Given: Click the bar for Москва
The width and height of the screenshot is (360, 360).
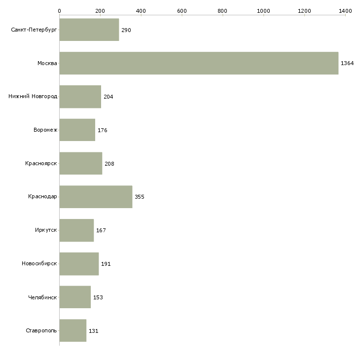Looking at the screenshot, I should [199, 63].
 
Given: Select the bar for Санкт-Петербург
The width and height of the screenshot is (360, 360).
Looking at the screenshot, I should [89, 30].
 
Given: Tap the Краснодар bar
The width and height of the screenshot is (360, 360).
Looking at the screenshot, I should [96, 197].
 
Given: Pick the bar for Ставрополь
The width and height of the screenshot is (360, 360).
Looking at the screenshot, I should [73, 330].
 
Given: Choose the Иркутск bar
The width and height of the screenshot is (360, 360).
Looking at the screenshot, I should [76, 230].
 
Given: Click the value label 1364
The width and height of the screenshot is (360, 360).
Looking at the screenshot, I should [347, 64].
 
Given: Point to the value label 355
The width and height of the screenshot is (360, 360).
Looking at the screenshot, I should [140, 197].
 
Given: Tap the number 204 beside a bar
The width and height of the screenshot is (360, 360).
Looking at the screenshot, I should [108, 97].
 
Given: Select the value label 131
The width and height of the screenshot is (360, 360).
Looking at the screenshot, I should [94, 331].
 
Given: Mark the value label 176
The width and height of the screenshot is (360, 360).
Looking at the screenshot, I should [103, 130].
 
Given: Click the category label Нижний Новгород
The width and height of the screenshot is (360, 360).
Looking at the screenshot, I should [33, 97].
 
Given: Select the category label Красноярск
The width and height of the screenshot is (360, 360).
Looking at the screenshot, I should [41, 164].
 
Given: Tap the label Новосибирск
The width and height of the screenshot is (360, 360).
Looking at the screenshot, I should [39, 264].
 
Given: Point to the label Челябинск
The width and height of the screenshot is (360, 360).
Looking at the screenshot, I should [43, 297].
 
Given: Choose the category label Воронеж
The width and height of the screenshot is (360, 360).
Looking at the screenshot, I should [45, 130].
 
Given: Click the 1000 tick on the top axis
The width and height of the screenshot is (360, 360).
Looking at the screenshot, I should [263, 10].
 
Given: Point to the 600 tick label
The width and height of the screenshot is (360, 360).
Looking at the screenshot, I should [181, 10].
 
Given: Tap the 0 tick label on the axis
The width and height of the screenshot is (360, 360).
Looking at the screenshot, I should [60, 10].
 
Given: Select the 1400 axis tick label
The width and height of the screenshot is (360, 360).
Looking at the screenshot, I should [345, 10].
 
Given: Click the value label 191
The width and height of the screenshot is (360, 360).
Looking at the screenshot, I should [106, 264].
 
